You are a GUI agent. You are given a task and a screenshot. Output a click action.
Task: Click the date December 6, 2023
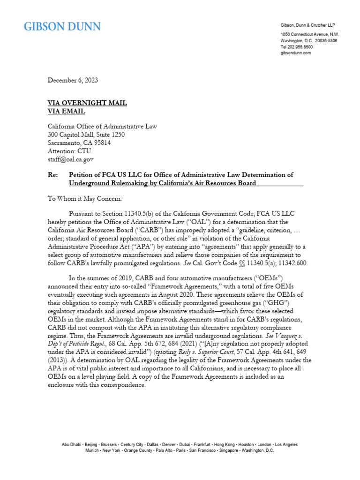[x=73, y=80]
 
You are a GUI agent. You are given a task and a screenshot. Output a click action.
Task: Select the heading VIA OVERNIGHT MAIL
[x=88, y=103]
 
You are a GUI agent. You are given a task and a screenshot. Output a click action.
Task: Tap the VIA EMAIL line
[x=67, y=112]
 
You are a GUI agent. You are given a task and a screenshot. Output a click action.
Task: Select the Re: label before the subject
[x=53, y=175]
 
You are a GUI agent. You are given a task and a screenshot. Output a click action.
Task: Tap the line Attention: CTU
[x=70, y=151]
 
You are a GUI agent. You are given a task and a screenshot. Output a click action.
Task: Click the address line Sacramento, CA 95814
[x=80, y=143]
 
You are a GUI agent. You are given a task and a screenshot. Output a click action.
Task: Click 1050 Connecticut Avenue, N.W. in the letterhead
[x=310, y=35]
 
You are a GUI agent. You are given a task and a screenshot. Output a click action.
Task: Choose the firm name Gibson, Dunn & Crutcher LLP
[x=308, y=24]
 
